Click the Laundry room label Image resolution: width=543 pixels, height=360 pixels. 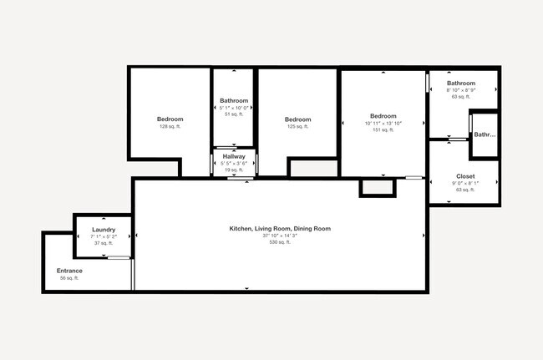click(104, 229)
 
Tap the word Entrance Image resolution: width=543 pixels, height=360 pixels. click(69, 271)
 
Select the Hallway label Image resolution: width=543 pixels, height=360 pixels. click(234, 156)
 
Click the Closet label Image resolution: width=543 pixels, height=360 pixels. click(465, 176)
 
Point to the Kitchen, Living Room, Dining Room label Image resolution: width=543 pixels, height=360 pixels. click(281, 228)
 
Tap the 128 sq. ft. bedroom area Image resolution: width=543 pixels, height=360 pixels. click(170, 126)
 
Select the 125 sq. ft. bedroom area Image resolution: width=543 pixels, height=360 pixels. click(297, 127)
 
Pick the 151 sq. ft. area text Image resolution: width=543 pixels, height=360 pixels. click(383, 129)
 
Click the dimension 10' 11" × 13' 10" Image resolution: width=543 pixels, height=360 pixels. click(383, 123)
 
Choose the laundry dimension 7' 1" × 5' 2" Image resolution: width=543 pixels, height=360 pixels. click(104, 236)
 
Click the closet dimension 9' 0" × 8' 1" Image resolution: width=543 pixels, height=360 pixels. click(464, 183)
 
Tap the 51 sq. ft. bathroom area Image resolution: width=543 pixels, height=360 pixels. click(234, 114)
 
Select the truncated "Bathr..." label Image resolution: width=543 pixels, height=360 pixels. click(485, 134)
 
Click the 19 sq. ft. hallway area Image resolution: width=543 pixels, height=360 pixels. click(234, 170)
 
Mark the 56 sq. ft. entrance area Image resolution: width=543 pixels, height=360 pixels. click(69, 277)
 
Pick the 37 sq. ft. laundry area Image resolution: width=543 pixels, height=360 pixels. click(104, 243)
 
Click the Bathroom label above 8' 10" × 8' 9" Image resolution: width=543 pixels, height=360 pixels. click(461, 83)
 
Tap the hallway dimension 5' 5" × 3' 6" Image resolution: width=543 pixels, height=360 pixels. click(234, 163)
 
